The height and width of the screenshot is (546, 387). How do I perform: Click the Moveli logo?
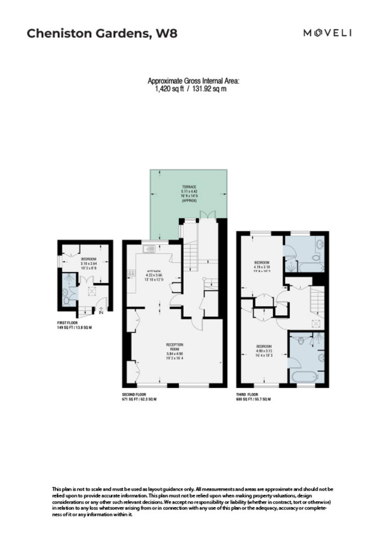pyautogui.click(x=328, y=33)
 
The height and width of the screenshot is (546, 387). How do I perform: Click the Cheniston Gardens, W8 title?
pyautogui.click(x=102, y=33)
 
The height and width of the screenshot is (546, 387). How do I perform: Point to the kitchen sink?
pyautogui.click(x=149, y=249)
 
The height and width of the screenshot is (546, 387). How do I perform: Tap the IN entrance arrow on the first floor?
pyautogui.click(x=101, y=312)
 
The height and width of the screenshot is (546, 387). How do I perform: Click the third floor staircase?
pyautogui.click(x=317, y=300)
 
